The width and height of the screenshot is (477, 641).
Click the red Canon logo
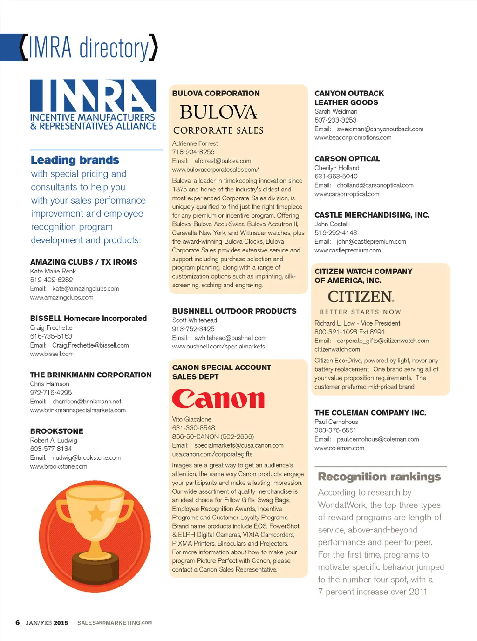pos(218,399)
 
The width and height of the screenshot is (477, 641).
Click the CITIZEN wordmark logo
pos(361,297)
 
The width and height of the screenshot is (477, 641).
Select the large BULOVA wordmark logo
pos(218,112)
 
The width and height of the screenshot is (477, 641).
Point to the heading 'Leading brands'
pos(75,160)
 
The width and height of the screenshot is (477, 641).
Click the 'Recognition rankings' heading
pos(379,477)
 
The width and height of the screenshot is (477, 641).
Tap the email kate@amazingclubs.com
pos(86,289)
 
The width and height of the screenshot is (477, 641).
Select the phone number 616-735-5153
pos(51,336)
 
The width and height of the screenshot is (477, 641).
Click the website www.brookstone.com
pos(59,466)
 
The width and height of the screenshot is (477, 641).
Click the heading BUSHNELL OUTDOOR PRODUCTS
pos(234,311)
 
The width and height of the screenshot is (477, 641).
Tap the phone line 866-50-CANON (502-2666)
pos(213,436)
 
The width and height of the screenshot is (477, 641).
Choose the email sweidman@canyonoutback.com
pos(380,129)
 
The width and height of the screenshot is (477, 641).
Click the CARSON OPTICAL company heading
pos(347,159)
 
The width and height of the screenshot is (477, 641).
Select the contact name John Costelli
pos(332,224)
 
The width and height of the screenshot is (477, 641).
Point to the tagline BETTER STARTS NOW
pos(361,312)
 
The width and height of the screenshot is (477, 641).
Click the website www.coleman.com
pos(339,448)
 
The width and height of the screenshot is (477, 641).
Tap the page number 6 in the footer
pos(18,623)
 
